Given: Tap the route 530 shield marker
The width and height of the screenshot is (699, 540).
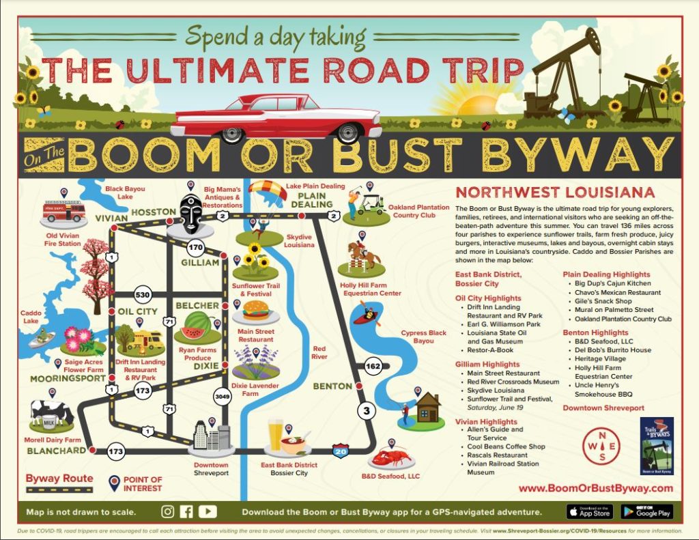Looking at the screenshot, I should [x=143, y=295].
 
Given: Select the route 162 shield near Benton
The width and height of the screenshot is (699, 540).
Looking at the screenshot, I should [x=373, y=366].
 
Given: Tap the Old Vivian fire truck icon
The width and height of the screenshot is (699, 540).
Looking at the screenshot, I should [x=63, y=212].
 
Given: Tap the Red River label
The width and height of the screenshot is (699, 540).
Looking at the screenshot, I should [x=319, y=352].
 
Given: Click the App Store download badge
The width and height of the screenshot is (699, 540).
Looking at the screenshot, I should [x=589, y=511].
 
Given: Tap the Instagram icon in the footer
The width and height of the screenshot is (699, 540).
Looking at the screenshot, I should [x=168, y=511].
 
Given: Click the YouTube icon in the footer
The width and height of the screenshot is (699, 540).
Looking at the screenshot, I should [x=208, y=511].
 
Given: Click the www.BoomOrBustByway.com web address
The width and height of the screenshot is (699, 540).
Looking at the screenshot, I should [x=595, y=488].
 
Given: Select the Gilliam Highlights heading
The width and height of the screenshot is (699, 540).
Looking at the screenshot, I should [x=487, y=365].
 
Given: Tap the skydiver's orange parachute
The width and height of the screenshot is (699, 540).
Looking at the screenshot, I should [x=268, y=190].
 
